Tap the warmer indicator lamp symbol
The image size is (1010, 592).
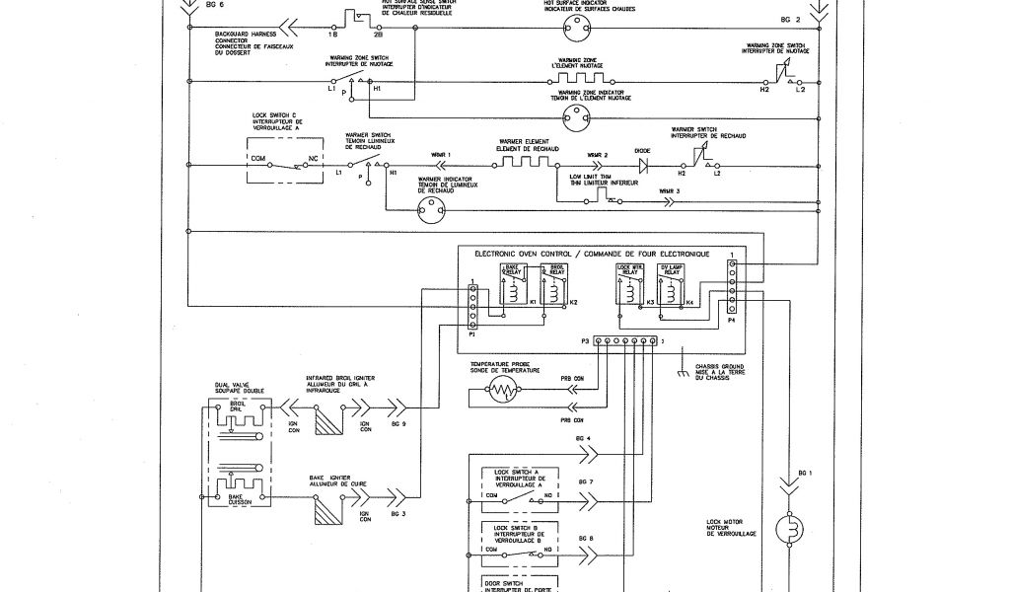(x=430, y=208)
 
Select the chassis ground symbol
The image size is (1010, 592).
(x=680, y=375)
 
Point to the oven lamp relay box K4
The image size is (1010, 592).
(x=673, y=286)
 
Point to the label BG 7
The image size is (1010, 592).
(x=586, y=481)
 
